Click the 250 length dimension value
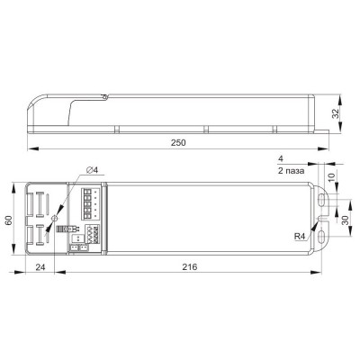click(178, 143)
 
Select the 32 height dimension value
click(336, 113)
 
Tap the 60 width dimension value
click(8, 220)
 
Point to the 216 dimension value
click(190, 266)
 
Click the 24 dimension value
click(40, 266)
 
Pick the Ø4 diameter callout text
click(93, 170)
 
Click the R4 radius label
click(300, 237)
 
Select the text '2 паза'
click(291, 171)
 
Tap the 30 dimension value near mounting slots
click(346, 220)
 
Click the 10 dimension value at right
click(330, 176)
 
